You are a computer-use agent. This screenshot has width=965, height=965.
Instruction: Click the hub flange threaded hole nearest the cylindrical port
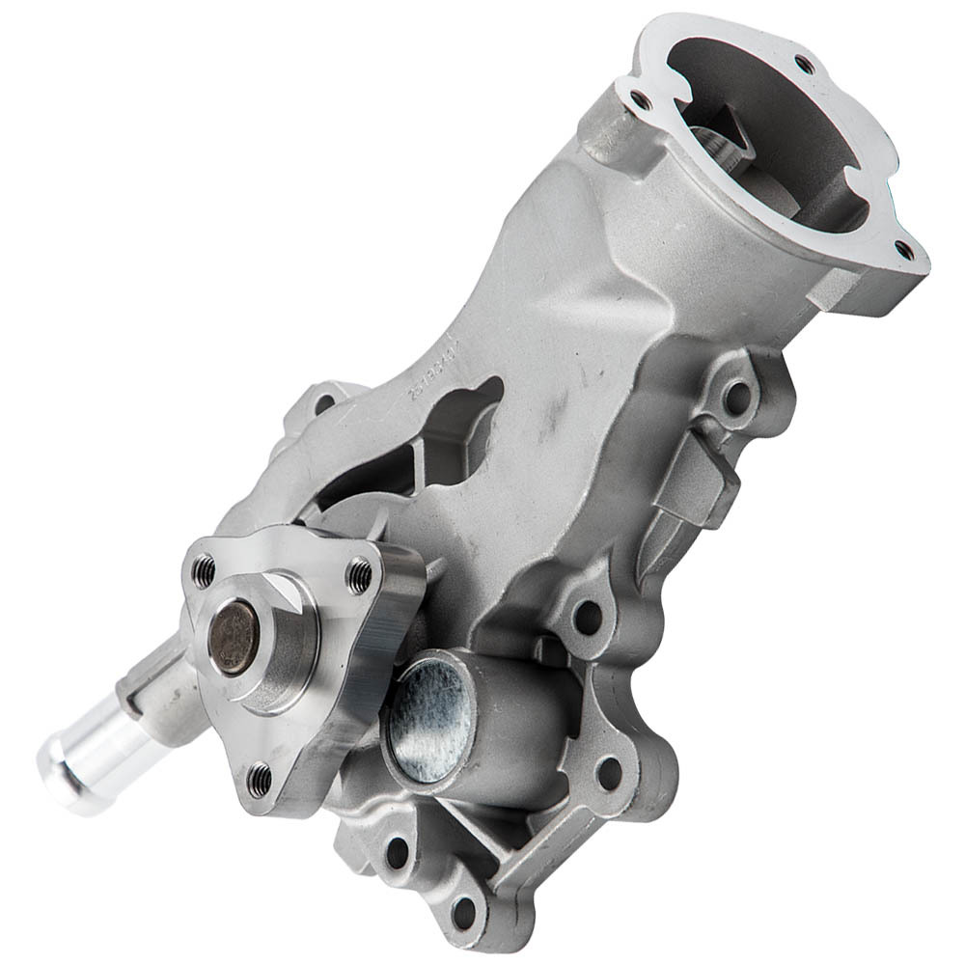click(360, 575)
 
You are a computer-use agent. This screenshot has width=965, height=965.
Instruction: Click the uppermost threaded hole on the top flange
click(803, 64)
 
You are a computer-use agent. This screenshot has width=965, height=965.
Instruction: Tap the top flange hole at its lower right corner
click(904, 250)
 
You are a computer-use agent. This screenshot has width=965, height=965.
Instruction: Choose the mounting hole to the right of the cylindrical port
click(608, 771)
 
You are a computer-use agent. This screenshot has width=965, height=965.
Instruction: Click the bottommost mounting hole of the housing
click(465, 912)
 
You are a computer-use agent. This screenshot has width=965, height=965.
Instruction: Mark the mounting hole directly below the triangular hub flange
click(397, 851)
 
